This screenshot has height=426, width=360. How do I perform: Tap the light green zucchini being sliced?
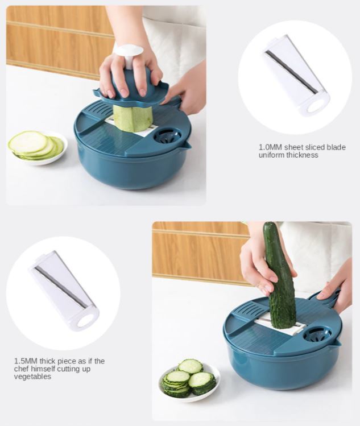[133, 118]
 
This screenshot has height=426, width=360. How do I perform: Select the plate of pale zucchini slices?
[38, 147]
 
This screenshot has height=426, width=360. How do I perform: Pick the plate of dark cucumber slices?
[189, 379]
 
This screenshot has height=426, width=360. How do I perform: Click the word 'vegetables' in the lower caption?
[32, 377]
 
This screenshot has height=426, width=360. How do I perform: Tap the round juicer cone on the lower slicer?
[317, 334]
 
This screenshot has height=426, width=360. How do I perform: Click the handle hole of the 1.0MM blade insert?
[315, 106]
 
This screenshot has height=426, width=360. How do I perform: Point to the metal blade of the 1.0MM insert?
[291, 72]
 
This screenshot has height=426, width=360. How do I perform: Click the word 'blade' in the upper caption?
[336, 147]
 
